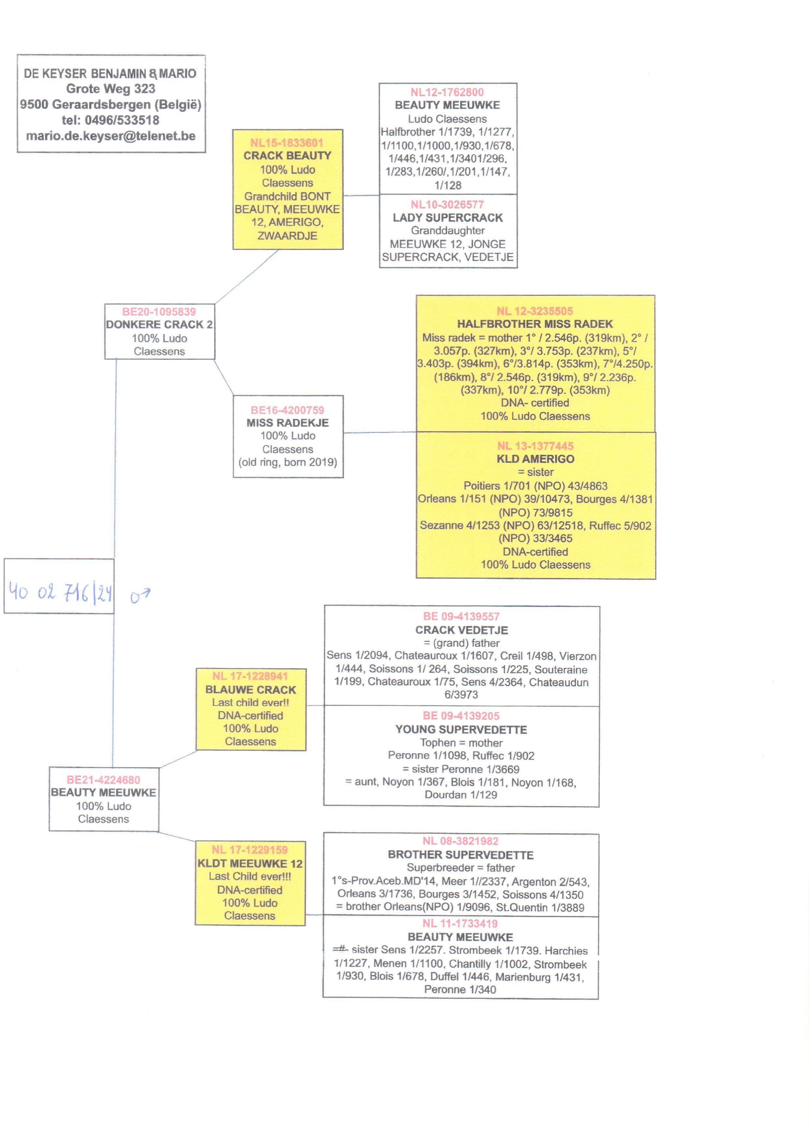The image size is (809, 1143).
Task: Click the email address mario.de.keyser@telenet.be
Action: tap(111, 136)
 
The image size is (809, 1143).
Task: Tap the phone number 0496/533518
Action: tap(122, 120)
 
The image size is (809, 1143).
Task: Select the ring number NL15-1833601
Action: tap(287, 143)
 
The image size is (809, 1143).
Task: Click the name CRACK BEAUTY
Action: tap(287, 156)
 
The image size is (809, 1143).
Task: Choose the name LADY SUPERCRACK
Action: tap(448, 218)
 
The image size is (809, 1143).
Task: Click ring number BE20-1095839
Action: tap(159, 312)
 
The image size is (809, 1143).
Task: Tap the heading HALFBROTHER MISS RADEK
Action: tap(535, 324)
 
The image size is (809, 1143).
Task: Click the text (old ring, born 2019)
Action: tap(288, 462)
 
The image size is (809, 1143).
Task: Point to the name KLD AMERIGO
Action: tap(535, 459)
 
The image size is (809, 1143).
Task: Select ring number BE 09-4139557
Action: tap(461, 616)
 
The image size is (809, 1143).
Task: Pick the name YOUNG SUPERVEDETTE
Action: tap(461, 730)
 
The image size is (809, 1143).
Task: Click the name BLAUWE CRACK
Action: tap(250, 690)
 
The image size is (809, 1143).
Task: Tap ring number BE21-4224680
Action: tap(104, 780)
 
